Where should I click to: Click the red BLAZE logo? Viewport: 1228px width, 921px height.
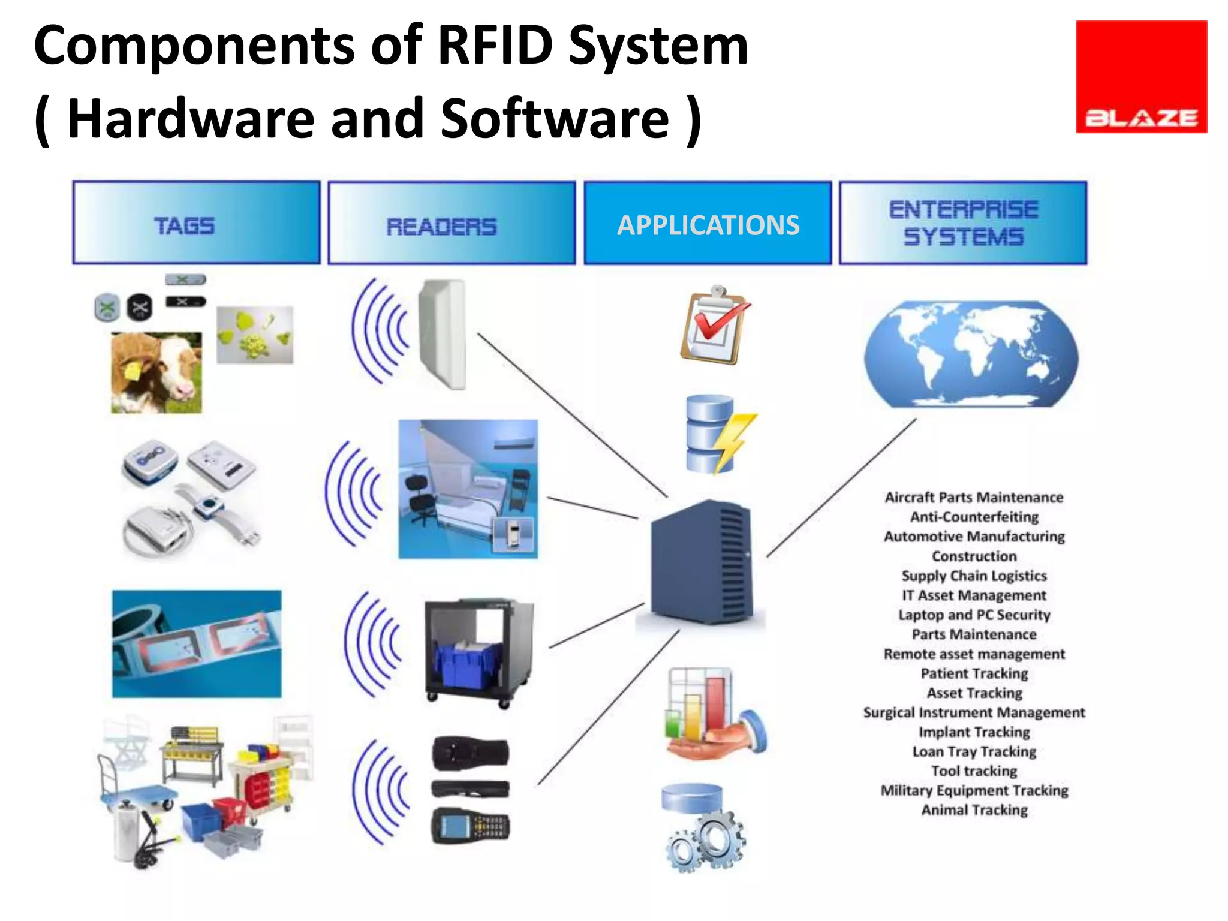coord(1141,77)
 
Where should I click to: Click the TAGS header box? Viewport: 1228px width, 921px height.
coord(197,223)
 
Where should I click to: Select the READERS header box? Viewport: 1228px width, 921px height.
coord(452,223)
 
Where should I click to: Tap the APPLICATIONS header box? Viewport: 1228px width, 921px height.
coord(708,223)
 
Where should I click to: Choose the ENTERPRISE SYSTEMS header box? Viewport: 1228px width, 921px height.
coord(963,223)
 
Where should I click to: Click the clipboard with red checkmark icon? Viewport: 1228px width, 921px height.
coord(714,327)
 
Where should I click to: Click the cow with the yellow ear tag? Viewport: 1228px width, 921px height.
coord(156,373)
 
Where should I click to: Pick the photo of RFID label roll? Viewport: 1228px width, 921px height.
coord(197,643)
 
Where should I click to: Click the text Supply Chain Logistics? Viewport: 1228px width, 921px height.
coord(974,576)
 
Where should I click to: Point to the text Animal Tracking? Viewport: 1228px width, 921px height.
coord(974,810)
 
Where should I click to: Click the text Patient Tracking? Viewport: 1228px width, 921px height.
coord(974,673)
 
